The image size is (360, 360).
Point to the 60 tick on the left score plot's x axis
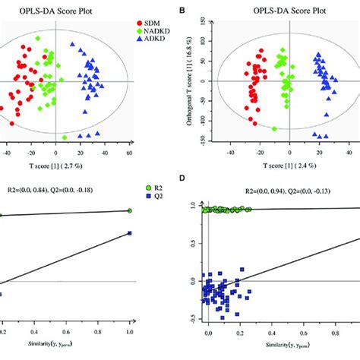coord(130,153)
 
